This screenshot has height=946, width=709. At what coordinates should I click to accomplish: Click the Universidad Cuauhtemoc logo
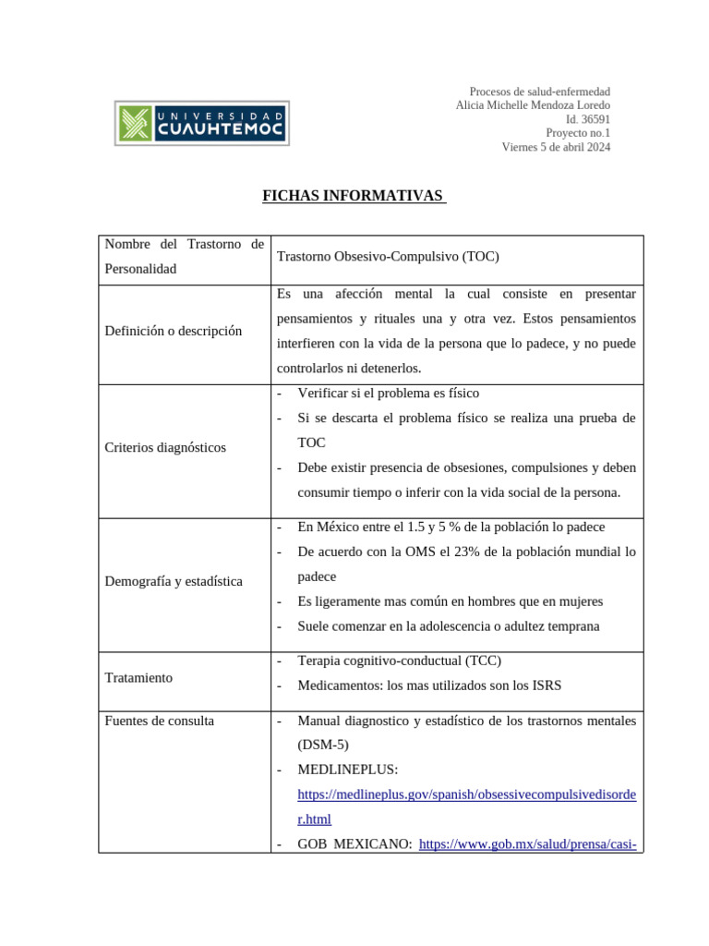(202, 124)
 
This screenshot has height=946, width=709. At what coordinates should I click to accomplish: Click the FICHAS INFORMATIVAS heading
(354, 196)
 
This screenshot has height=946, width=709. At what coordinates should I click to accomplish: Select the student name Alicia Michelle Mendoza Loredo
(533, 105)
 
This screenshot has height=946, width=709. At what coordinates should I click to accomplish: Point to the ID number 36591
(595, 119)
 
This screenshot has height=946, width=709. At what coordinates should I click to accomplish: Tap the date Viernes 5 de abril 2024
(556, 147)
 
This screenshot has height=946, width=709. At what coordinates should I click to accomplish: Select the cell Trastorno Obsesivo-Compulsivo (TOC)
(388, 257)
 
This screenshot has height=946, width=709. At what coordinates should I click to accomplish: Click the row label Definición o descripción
(174, 331)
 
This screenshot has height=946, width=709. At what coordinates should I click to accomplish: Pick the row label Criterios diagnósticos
(165, 447)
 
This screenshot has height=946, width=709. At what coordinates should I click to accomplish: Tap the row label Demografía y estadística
(174, 581)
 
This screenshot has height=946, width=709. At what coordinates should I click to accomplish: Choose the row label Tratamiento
(138, 677)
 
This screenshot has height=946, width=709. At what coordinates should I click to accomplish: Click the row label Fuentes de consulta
(160, 720)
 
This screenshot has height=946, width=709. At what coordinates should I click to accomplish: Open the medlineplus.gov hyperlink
(466, 794)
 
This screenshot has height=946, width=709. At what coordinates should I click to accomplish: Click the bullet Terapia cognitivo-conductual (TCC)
(400, 661)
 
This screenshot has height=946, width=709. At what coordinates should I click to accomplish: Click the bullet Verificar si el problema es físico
(388, 393)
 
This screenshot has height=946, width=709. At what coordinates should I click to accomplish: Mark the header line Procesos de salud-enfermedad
(539, 91)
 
